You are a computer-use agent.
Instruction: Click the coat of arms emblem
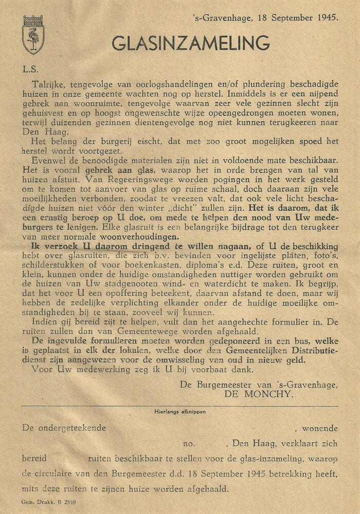tap(33, 34)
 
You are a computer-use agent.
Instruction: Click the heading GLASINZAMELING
tap(191, 43)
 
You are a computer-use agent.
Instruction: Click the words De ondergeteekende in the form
tap(64, 428)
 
